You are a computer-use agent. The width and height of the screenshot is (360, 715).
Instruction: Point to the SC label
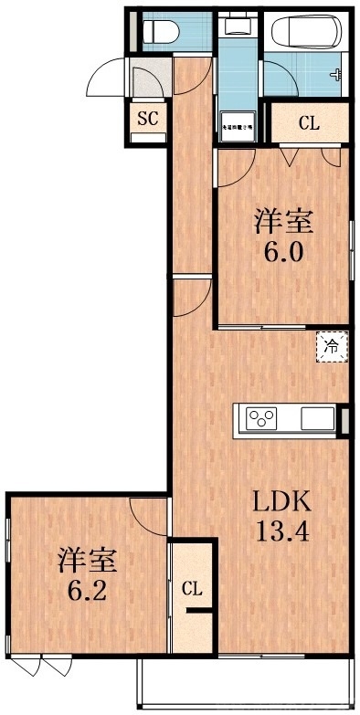tap(146, 118)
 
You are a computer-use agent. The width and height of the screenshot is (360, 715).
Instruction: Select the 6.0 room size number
tap(282, 252)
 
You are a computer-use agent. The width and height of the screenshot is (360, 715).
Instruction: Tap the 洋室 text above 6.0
tap(283, 221)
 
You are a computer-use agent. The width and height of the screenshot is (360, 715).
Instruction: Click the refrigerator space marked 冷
tap(333, 346)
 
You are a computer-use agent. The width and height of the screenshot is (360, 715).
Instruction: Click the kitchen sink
tap(317, 419)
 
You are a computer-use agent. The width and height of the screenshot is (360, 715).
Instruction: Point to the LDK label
tap(282, 500)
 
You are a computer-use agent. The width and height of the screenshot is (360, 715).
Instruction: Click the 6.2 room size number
tap(87, 590)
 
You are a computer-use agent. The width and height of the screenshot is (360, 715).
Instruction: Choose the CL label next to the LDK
tap(192, 590)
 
